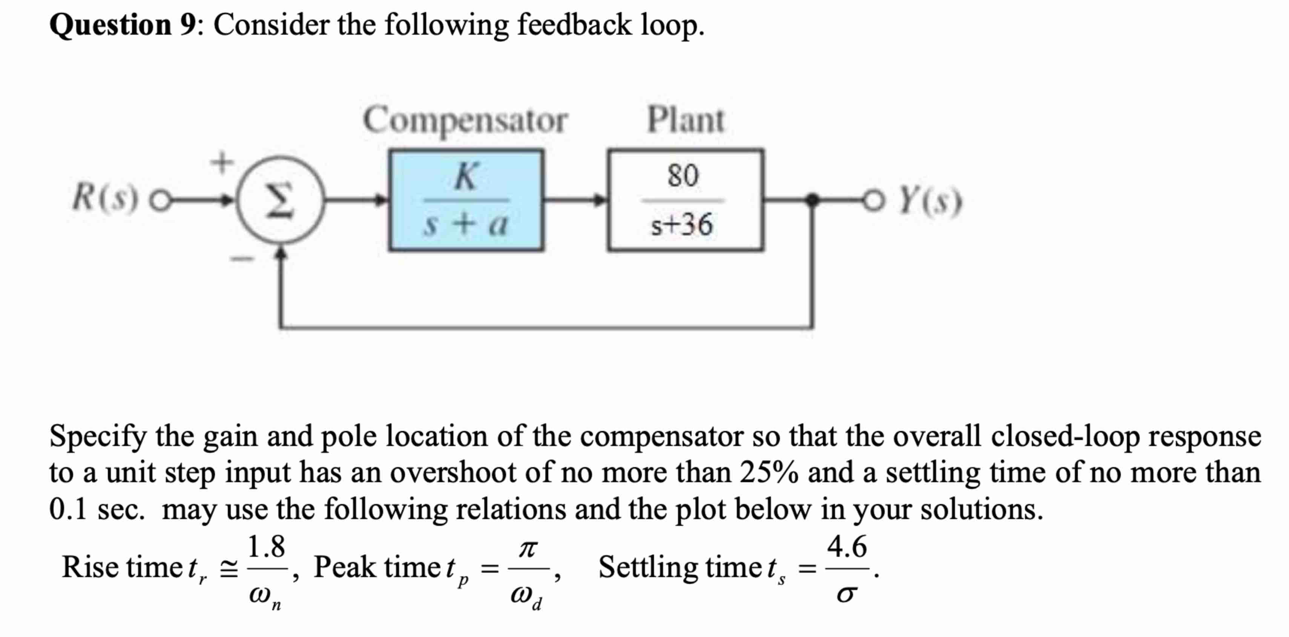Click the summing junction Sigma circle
[x=280, y=200]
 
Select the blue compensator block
[x=466, y=200]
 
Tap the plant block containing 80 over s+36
[x=685, y=200]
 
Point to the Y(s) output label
[x=930, y=201]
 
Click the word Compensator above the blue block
[x=465, y=120]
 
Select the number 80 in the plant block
[x=683, y=176]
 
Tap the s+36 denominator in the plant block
[x=681, y=225]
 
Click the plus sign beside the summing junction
[x=221, y=162]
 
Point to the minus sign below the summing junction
[x=242, y=258]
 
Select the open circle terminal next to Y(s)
[x=873, y=200]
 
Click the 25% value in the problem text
[x=769, y=472]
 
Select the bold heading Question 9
[x=123, y=25]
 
